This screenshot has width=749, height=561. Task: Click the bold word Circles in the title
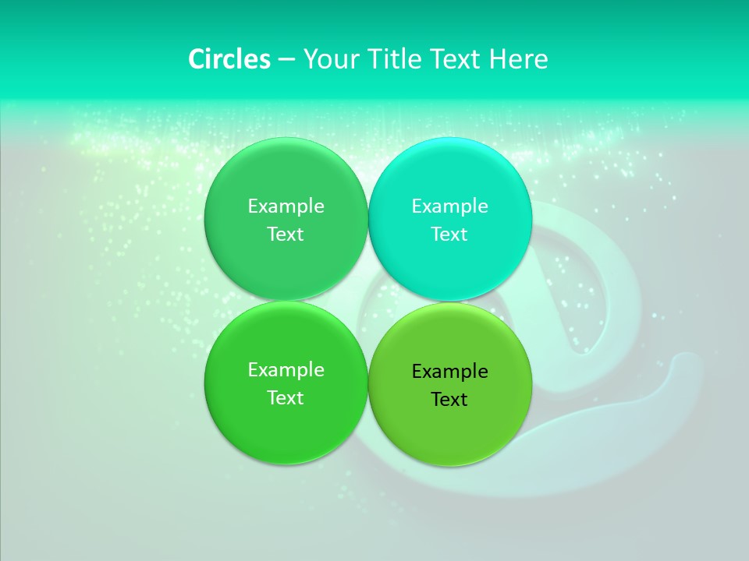coord(229,59)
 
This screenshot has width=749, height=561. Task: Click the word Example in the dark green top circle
coord(286,206)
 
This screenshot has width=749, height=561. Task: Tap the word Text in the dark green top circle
coord(286,235)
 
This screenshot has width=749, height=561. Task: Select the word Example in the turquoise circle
coord(449,206)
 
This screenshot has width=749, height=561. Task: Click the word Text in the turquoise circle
coord(449,235)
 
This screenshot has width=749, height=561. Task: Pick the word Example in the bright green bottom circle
coord(286,370)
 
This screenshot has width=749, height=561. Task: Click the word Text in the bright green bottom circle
coord(286,398)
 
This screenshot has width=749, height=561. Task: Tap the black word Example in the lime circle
coord(449,372)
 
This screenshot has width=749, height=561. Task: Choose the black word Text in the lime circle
coord(449,400)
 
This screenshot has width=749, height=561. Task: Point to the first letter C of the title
coord(197,59)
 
